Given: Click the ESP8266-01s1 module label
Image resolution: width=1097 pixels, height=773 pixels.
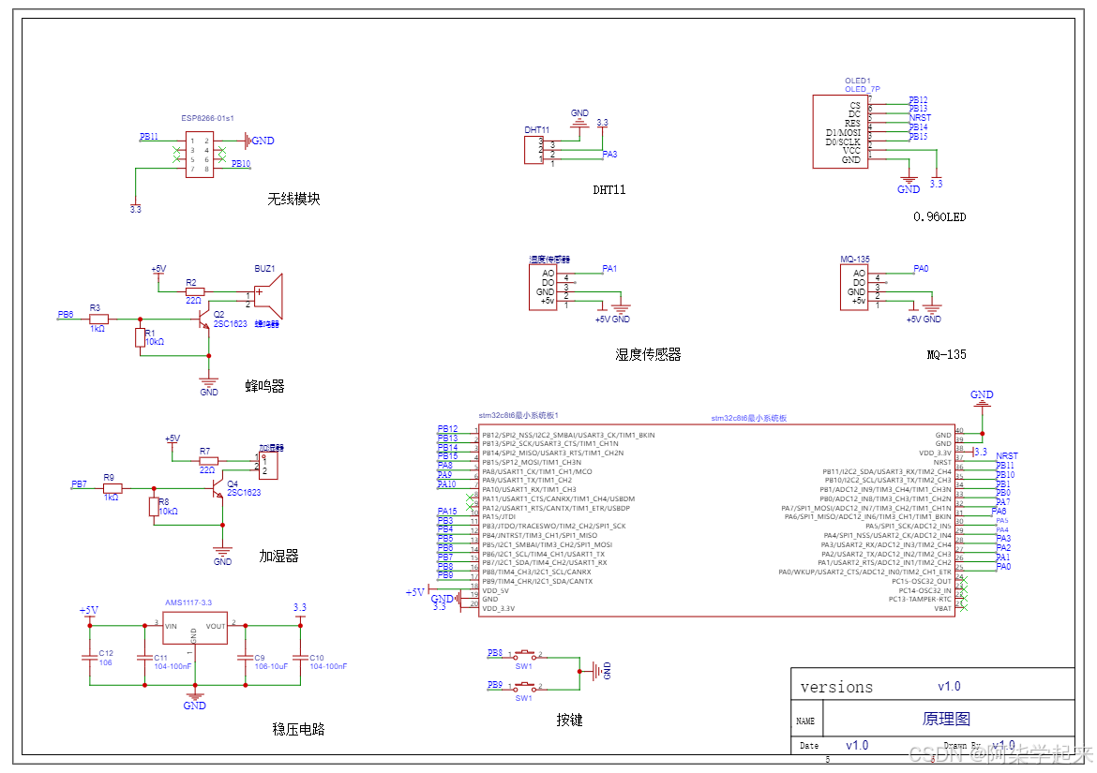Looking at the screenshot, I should coord(207,119).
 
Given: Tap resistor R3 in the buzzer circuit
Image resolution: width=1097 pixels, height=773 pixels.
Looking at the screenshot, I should coord(98,319).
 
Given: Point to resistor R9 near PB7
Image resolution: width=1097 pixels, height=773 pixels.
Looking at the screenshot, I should coord(113,488).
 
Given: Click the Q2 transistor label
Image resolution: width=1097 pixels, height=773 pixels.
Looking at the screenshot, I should coord(218,314).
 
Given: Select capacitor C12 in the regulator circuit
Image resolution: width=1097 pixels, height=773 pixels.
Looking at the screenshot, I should coord(90,656).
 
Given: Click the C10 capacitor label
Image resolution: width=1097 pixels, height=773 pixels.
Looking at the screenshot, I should coord(317,658).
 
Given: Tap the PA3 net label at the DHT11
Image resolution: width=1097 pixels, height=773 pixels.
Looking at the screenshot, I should coord(609,154).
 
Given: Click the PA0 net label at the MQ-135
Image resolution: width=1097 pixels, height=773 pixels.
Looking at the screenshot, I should coord(921,269).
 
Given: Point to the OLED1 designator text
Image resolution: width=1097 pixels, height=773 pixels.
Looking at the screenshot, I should coord(857,82).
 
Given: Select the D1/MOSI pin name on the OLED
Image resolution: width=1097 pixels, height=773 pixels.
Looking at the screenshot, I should coord(843,133).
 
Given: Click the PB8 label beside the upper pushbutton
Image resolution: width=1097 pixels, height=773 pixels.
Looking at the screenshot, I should coord(495,652).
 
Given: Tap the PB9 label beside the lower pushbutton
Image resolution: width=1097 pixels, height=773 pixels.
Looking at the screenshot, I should coord(495,685).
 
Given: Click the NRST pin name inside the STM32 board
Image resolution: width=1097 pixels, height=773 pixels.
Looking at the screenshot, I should coord(942,462).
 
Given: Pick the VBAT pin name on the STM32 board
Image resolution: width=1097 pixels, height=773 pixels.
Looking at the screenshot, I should coord(942,608).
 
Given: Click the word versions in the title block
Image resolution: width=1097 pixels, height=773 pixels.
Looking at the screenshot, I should coord(836,687).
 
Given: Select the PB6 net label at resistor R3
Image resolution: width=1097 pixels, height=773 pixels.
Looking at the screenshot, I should coord(65,315).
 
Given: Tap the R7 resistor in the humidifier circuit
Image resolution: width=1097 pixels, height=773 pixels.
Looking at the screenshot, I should coord(208,460).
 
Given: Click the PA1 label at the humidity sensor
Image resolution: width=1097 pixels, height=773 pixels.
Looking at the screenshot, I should coord(609,269).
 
